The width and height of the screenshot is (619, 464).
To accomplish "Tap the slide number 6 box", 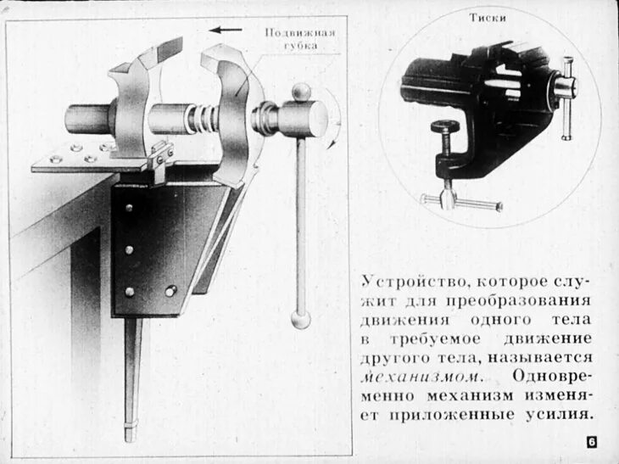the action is (590, 442).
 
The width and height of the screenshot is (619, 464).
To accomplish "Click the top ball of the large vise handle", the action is (301, 90).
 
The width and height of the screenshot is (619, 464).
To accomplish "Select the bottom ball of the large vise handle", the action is (300, 320).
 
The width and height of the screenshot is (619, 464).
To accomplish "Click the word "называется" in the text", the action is (549, 357).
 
